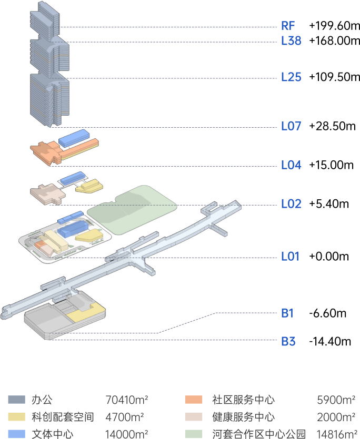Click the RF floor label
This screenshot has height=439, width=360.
coord(288,26)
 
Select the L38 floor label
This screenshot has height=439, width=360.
coord(291,41)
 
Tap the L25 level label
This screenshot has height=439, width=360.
coord(291,77)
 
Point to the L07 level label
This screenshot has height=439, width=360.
coord(291,126)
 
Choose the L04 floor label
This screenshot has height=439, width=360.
coord(291,165)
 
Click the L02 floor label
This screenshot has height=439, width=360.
coord(291,204)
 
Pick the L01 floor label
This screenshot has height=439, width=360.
coord(290,257)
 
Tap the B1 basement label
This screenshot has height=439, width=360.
coord(287,313)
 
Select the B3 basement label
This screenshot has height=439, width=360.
coord(288,342)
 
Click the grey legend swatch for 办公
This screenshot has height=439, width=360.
coord(16,400)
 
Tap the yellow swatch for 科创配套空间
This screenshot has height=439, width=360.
coord(16,417)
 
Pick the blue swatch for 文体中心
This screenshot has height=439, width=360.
coord(16,434)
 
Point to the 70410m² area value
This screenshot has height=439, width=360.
coord(126,400)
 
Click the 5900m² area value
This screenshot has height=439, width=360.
coord(336,400)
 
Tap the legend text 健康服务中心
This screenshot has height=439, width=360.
coord(243,417)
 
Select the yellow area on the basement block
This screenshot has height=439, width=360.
coord(84,314)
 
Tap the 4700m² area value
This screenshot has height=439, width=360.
coord(125,417)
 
